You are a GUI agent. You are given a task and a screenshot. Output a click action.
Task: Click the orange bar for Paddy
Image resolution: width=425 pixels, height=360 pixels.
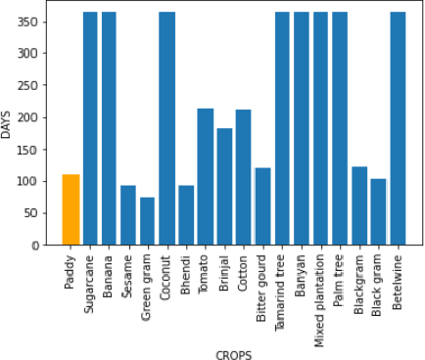point(71,209)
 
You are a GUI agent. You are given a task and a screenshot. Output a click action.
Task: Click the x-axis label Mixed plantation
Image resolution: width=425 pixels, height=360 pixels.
point(320,292)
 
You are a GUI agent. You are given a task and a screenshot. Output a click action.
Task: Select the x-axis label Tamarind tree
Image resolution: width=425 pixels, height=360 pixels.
point(282,289)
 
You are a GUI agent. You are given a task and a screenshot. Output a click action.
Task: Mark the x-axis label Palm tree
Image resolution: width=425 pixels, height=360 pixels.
point(340,278)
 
